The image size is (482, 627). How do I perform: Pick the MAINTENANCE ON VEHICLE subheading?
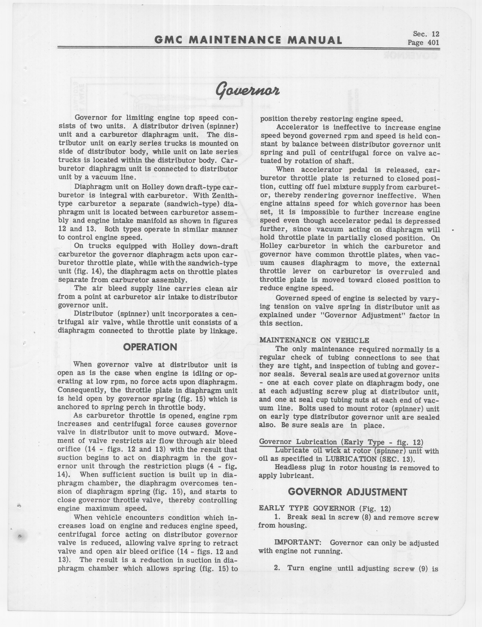[314, 340]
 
